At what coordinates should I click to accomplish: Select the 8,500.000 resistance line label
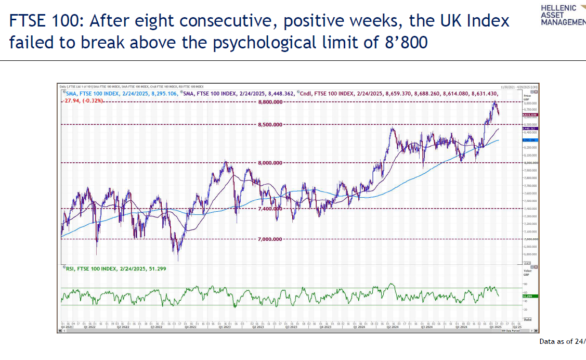point(270,124)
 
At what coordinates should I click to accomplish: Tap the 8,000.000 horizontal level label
point(270,163)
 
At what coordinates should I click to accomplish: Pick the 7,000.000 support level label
point(270,239)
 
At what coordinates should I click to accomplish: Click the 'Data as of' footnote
point(562,341)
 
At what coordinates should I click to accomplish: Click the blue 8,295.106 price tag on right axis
point(530,140)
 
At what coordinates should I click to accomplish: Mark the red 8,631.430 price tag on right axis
point(530,114)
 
